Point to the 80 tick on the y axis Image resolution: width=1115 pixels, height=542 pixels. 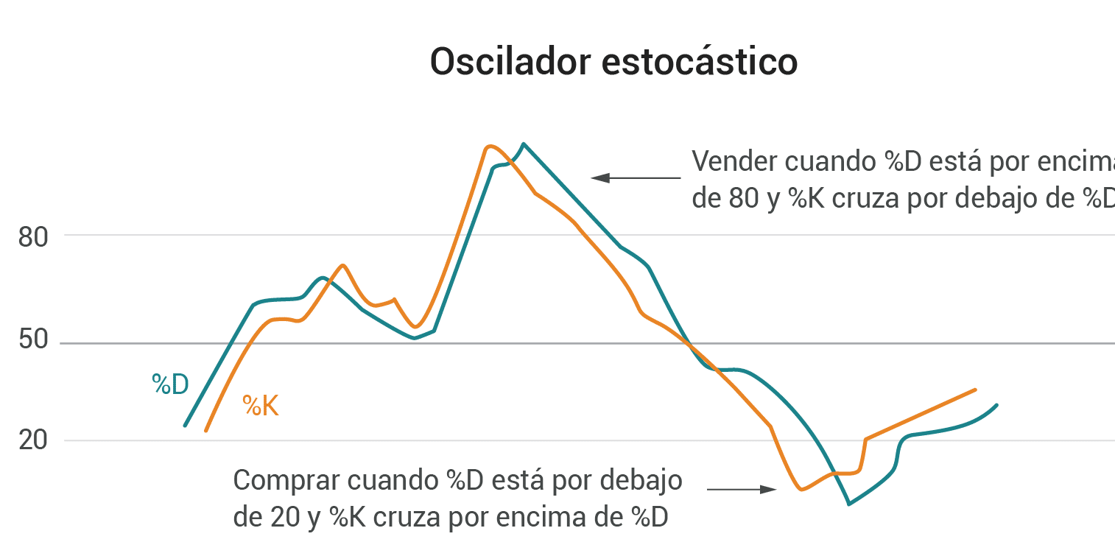coord(32,238)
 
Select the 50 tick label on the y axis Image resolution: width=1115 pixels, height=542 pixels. coord(32,342)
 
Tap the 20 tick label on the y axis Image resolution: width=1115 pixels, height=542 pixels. coord(32,441)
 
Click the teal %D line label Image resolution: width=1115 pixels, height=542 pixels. coord(170,384)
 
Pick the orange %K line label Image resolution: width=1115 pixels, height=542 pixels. coord(261,406)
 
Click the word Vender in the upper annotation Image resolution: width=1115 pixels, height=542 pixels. coord(734,162)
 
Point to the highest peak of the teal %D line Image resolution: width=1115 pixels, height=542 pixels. coord(523,144)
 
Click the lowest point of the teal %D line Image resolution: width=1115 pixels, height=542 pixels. coord(849,504)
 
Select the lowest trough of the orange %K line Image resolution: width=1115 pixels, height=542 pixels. coord(801,489)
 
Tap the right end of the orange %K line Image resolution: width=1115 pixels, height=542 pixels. coord(975,390)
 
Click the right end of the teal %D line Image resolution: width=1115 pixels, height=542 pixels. coord(996,404)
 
